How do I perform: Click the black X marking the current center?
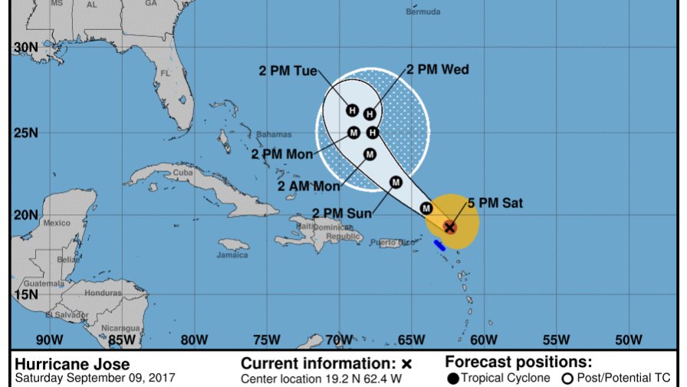(450, 227)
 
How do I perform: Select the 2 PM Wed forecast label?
(437, 69)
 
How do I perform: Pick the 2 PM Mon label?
(282, 154)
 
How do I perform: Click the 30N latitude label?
(25, 48)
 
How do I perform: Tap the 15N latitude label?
(25, 294)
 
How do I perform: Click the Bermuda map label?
(423, 12)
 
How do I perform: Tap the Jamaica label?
(232, 255)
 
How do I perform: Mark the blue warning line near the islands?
(440, 246)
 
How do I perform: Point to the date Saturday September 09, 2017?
(95, 378)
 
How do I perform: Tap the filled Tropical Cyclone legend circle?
(454, 377)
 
